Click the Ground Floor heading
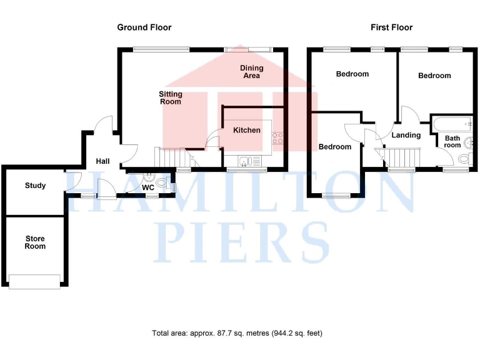(144, 27)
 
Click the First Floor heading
(392, 27)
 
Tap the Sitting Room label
(170, 97)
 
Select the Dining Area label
(251, 72)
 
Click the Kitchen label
(246, 130)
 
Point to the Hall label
(102, 161)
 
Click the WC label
(148, 187)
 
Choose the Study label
(35, 186)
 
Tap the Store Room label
(35, 242)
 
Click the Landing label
(406, 135)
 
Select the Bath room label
(452, 142)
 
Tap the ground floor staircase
(172, 156)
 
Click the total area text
(237, 333)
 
